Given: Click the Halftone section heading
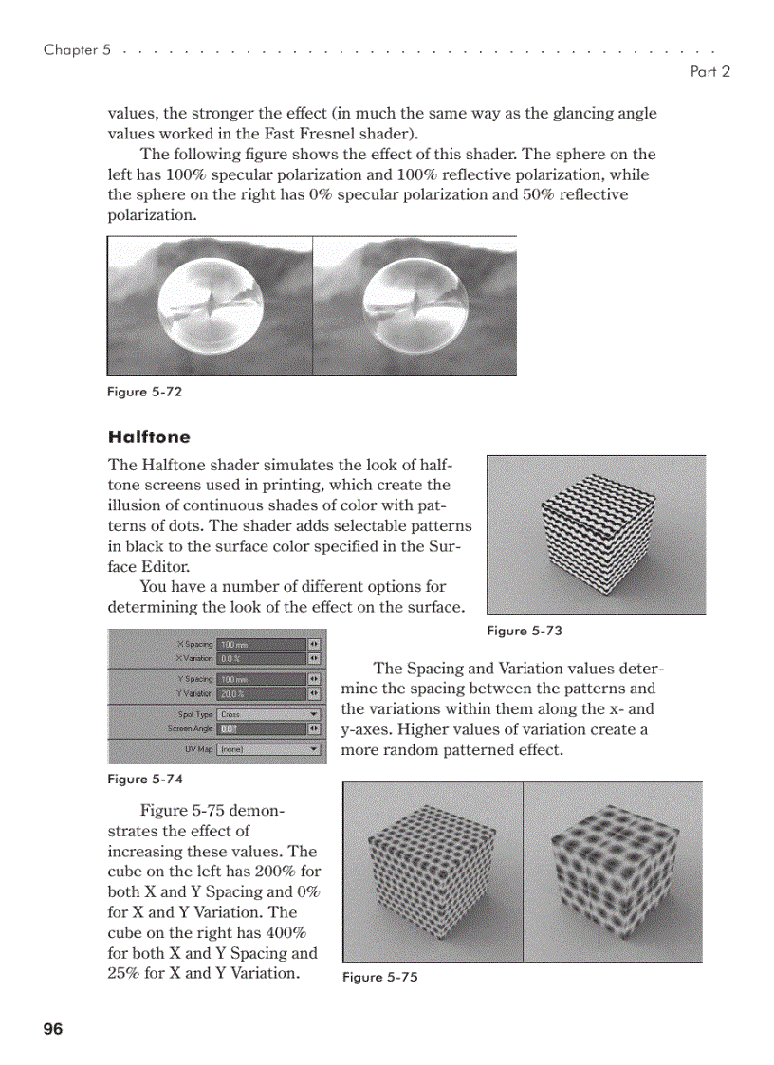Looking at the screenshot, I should pyautogui.click(x=149, y=437).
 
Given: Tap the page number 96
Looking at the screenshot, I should pyautogui.click(x=52, y=1029).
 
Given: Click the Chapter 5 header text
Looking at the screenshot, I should pyautogui.click(x=71, y=49).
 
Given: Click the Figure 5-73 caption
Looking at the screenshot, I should pyautogui.click(x=524, y=631).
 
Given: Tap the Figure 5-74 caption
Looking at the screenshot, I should pyautogui.click(x=144, y=779).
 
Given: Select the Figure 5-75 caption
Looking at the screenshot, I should pyautogui.click(x=379, y=977).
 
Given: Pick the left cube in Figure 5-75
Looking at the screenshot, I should pyautogui.click(x=432, y=872).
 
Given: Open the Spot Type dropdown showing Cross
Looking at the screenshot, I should pyautogui.click(x=268, y=714).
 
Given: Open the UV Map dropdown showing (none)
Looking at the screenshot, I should pyautogui.click(x=268, y=749).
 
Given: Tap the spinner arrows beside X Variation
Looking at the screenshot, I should pyautogui.click(x=314, y=658).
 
